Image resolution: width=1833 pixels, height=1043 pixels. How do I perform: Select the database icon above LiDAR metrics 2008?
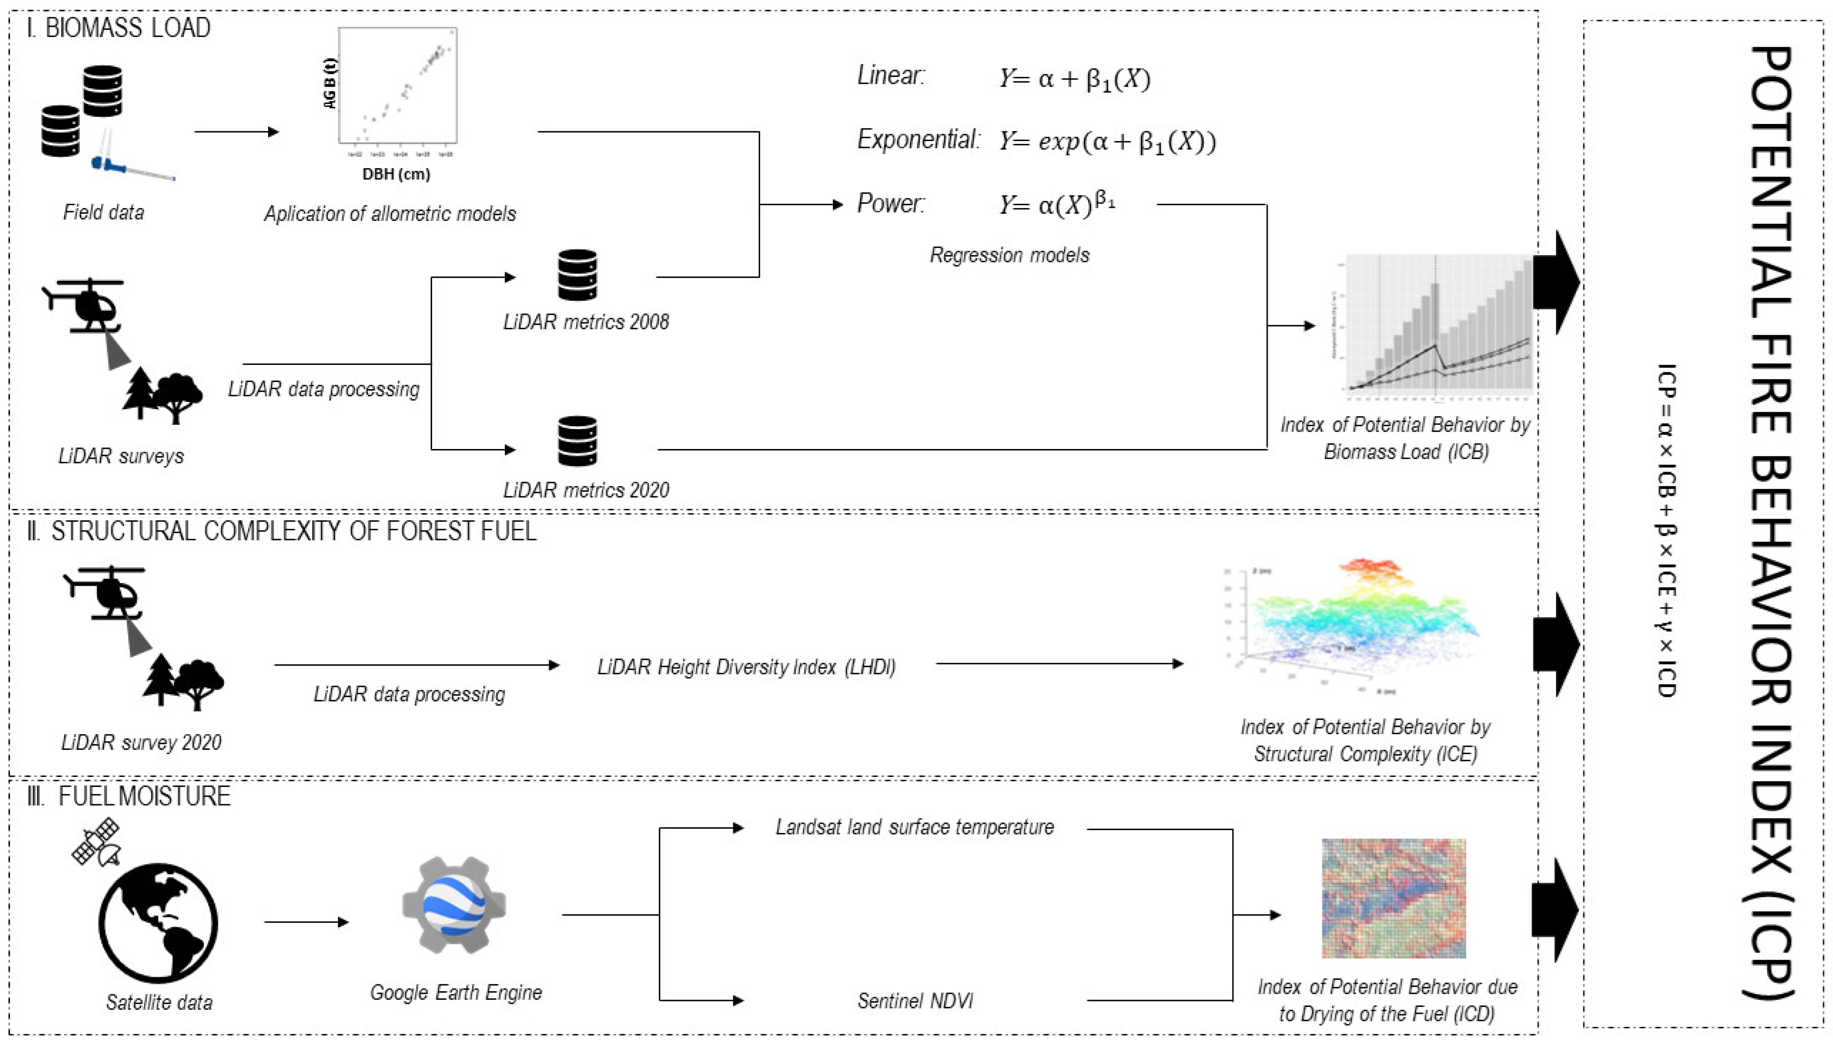click(x=577, y=275)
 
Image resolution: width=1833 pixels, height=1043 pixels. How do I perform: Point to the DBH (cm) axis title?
click(x=396, y=174)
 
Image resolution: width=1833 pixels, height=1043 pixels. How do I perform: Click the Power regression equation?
click(x=1057, y=204)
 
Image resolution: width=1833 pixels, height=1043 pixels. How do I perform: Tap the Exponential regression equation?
click(x=1107, y=141)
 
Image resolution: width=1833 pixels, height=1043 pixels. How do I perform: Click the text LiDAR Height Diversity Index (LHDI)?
click(x=747, y=667)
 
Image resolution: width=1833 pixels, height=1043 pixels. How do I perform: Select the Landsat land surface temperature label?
click(x=915, y=827)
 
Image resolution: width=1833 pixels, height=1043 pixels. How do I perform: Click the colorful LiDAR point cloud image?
click(x=1354, y=623)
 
